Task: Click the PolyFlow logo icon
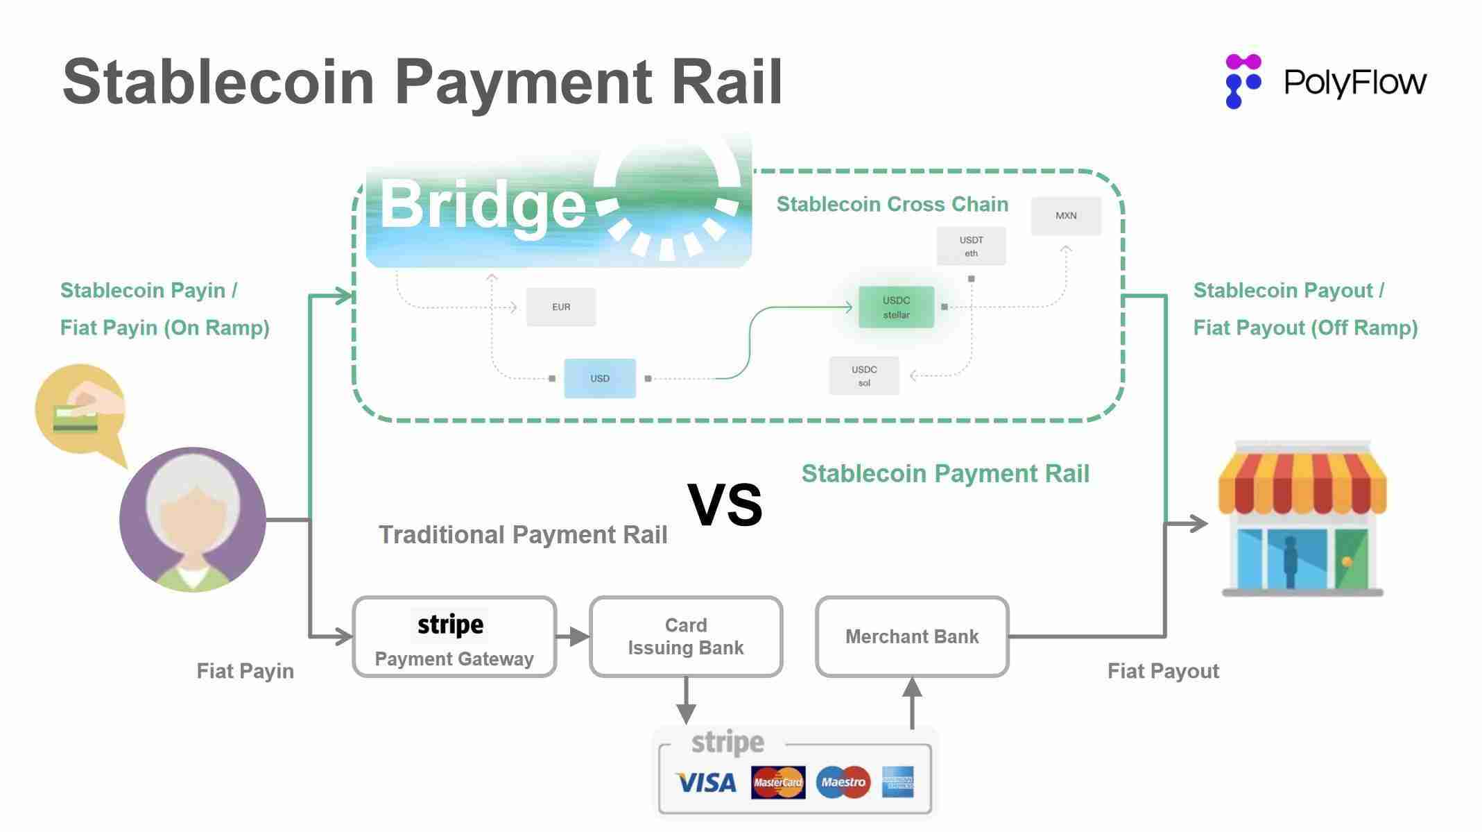coord(1242,81)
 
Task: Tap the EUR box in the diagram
coord(560,307)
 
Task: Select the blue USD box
coord(599,378)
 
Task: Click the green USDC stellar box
coord(896,307)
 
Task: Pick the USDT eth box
coord(971,246)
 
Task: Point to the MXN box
coord(1066,216)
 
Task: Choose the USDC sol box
coord(864,376)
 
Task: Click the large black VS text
coord(725,505)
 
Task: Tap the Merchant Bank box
coord(912,636)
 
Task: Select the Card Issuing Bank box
coord(686,636)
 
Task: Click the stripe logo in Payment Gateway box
coord(450,625)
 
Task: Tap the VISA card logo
coord(705,783)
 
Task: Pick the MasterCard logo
coord(778,783)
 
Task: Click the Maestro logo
coord(843,783)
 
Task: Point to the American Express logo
coord(897,783)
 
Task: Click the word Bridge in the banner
coord(483,204)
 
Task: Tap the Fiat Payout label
coord(1163,671)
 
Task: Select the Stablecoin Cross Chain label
coord(892,204)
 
